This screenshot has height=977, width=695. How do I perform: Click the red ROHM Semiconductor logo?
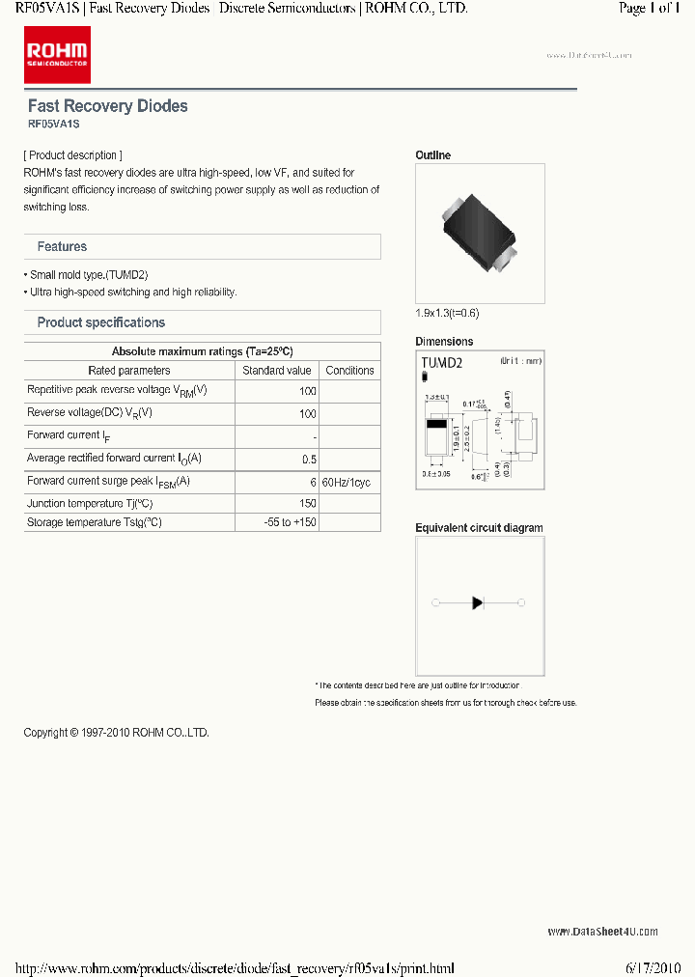[x=57, y=55]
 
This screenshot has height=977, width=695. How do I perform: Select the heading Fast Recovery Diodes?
[x=107, y=106]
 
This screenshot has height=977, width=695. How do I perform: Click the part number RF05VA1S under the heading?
[x=53, y=125]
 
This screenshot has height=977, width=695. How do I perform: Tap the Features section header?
[x=62, y=247]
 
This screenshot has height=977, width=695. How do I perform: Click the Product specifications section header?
[x=100, y=322]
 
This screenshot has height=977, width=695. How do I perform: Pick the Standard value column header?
[x=277, y=371]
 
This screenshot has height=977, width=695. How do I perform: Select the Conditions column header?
[x=349, y=371]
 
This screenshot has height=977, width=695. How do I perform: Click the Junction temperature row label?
[x=90, y=504]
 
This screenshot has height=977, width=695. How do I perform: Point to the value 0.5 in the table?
[x=309, y=460]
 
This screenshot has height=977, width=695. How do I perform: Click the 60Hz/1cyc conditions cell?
[x=346, y=482]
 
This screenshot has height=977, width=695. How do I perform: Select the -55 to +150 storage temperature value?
[x=291, y=522]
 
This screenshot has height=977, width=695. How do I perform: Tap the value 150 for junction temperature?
[x=308, y=504]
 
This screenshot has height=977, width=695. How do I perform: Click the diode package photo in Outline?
[x=480, y=234]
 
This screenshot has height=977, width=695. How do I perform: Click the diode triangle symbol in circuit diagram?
[x=478, y=603]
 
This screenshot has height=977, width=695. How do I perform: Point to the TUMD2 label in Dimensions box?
[x=442, y=363]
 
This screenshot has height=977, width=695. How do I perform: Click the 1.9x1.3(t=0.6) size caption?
[x=447, y=313]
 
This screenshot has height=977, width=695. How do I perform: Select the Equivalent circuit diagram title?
[x=479, y=528]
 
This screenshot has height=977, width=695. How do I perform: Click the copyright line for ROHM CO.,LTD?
[x=116, y=733]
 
